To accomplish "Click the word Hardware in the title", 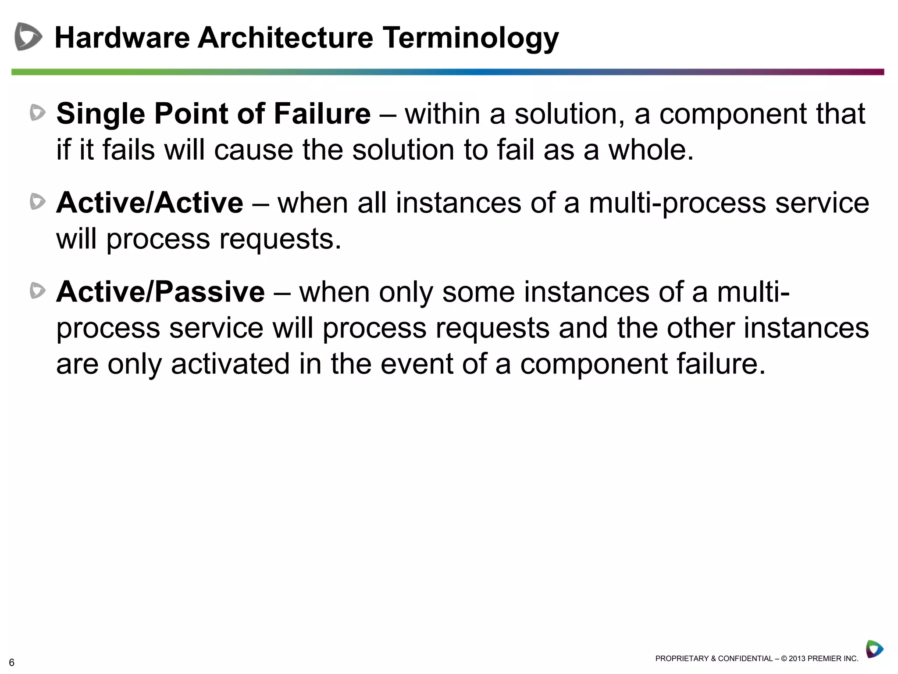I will point(122,38).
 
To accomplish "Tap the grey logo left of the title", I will point(28,36).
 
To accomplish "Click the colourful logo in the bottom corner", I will point(874,649).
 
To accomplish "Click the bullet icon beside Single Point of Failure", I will point(38,113).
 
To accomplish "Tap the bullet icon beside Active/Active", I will point(38,202).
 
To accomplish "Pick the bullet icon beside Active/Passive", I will point(38,291).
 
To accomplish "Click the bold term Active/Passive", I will point(160,292).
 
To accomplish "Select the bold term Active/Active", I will point(150,203).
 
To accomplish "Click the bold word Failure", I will point(322,114).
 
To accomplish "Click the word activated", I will point(230,364).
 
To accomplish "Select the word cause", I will point(253,150).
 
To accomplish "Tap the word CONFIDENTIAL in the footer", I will point(745,659).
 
